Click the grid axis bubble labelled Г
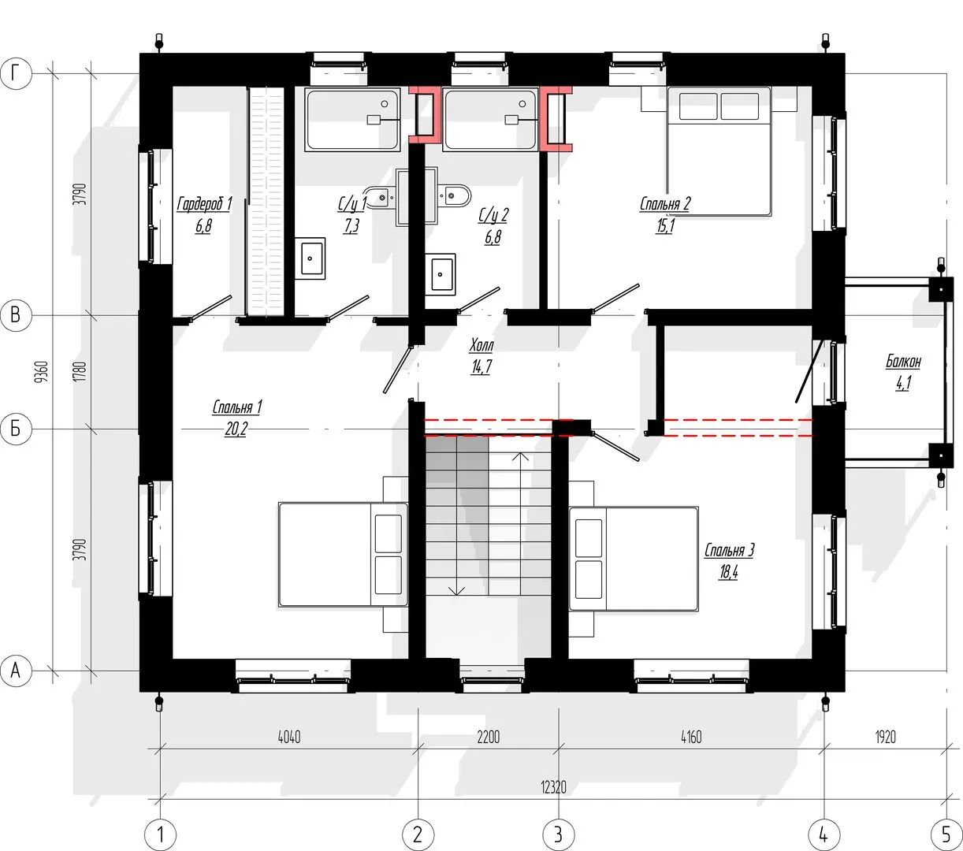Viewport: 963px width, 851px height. point(16,74)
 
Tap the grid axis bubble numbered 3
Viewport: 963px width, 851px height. point(559,834)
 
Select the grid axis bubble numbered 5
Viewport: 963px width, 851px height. point(946,834)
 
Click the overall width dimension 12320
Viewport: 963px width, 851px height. point(554,787)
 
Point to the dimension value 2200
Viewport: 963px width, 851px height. point(488,737)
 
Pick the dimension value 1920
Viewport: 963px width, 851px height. point(886,737)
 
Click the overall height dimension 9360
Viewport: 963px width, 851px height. point(43,372)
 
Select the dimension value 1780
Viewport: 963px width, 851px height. point(81,372)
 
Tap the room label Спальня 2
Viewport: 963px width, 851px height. point(665,204)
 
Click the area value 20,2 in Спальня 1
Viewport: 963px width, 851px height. point(236,429)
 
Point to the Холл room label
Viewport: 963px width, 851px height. point(481,346)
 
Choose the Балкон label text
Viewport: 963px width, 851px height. point(904,362)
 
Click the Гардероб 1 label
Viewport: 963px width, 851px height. point(204,204)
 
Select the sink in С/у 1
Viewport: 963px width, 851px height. point(310,258)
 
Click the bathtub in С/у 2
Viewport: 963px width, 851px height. point(490,119)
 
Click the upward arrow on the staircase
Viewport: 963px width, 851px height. point(522,523)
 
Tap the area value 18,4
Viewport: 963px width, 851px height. point(729,571)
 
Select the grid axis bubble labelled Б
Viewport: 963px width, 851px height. point(16,429)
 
